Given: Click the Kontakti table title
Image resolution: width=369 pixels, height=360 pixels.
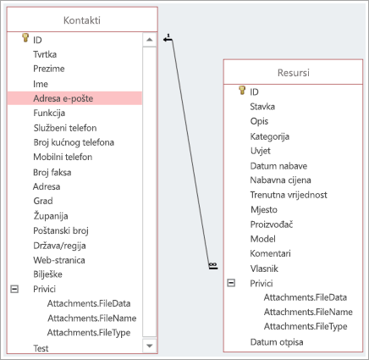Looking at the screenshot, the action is (x=82, y=20).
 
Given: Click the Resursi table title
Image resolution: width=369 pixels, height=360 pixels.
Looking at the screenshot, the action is (x=294, y=73).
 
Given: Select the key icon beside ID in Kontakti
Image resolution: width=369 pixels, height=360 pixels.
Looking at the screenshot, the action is (x=25, y=38).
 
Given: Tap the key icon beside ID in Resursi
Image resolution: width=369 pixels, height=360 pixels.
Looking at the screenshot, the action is (x=242, y=90).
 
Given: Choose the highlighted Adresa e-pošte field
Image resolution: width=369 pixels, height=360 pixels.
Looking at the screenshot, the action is (x=63, y=98).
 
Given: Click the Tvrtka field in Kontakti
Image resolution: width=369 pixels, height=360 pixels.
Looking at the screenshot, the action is (x=45, y=54).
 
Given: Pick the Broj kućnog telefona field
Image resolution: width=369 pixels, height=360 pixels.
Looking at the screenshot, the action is (x=74, y=142).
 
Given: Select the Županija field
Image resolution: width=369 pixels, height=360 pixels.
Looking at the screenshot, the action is (x=51, y=216).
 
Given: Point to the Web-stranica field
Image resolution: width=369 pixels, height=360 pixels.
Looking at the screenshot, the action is (x=59, y=260).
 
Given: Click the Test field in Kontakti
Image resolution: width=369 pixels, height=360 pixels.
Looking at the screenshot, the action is (x=41, y=348).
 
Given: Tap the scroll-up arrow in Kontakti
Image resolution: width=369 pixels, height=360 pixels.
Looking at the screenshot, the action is (x=150, y=40).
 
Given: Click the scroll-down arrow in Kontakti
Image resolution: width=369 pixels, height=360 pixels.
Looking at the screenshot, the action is (x=150, y=346).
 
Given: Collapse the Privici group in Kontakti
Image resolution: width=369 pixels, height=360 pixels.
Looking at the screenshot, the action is (x=14, y=289).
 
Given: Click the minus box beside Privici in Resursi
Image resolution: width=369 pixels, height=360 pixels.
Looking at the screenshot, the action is (x=231, y=283).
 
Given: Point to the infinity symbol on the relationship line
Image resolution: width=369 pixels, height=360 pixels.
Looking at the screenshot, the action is (x=213, y=264).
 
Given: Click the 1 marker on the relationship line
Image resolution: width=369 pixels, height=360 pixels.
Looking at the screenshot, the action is (x=168, y=36).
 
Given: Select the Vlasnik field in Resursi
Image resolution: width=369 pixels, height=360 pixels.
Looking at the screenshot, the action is (x=264, y=269).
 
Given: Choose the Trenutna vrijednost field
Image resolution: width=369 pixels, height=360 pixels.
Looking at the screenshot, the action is (x=289, y=195).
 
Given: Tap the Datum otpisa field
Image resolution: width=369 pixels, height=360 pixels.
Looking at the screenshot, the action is (x=277, y=342).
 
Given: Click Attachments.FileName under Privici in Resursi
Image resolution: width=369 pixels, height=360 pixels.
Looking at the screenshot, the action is (x=308, y=312).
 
